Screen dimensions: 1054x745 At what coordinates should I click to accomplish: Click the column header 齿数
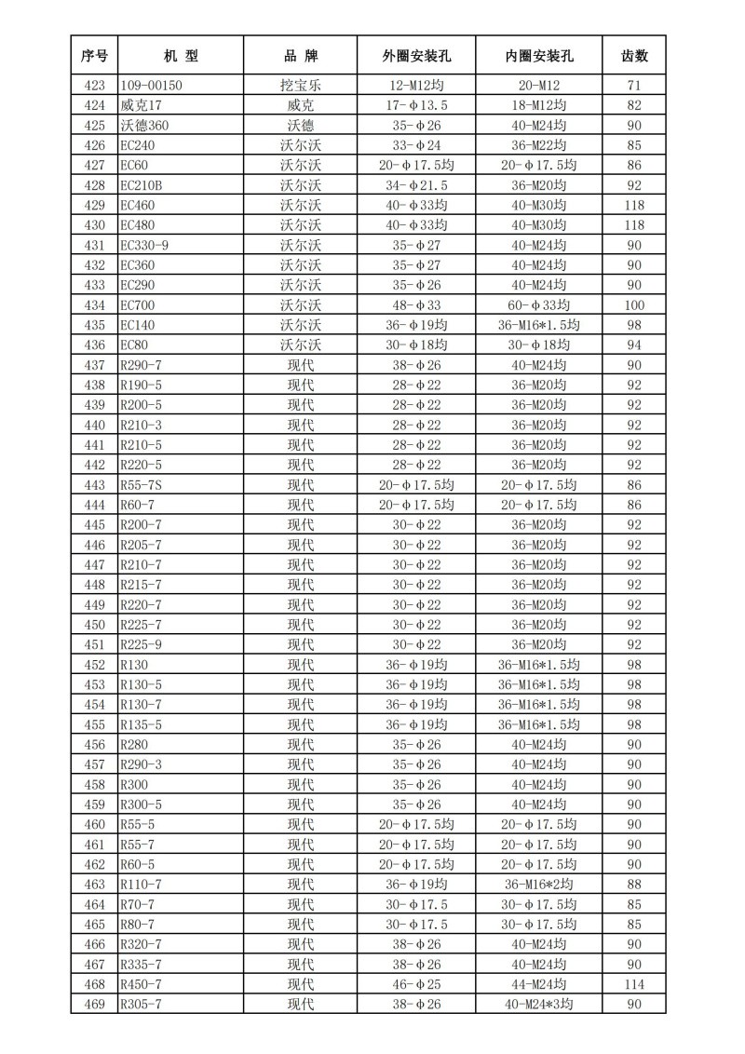click(634, 56)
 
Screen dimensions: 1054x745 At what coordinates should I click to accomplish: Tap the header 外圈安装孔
click(416, 56)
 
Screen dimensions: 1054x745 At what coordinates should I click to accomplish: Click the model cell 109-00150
click(152, 86)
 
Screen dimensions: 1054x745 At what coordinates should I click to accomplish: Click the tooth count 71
click(634, 86)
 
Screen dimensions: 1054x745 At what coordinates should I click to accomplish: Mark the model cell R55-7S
click(142, 485)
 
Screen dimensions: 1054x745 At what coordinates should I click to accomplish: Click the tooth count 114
click(634, 984)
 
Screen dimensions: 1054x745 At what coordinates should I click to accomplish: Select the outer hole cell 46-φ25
click(416, 984)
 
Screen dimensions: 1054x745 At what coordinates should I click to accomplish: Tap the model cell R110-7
click(141, 885)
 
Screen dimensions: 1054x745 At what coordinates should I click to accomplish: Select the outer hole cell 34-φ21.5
click(416, 185)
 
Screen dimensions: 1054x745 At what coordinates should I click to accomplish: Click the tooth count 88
click(634, 885)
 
